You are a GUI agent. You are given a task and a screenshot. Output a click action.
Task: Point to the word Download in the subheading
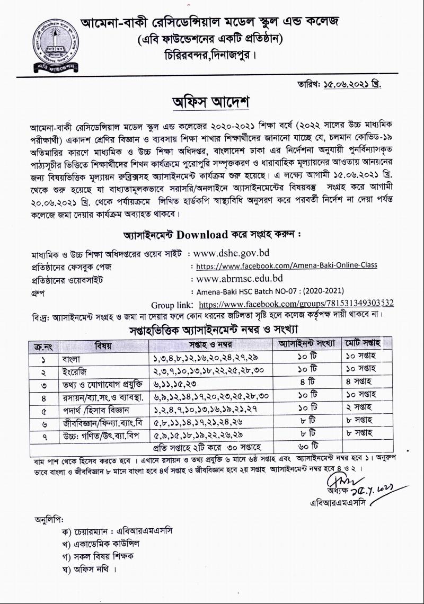[203, 235]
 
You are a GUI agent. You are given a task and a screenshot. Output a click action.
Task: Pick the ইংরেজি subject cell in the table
[74, 370]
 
